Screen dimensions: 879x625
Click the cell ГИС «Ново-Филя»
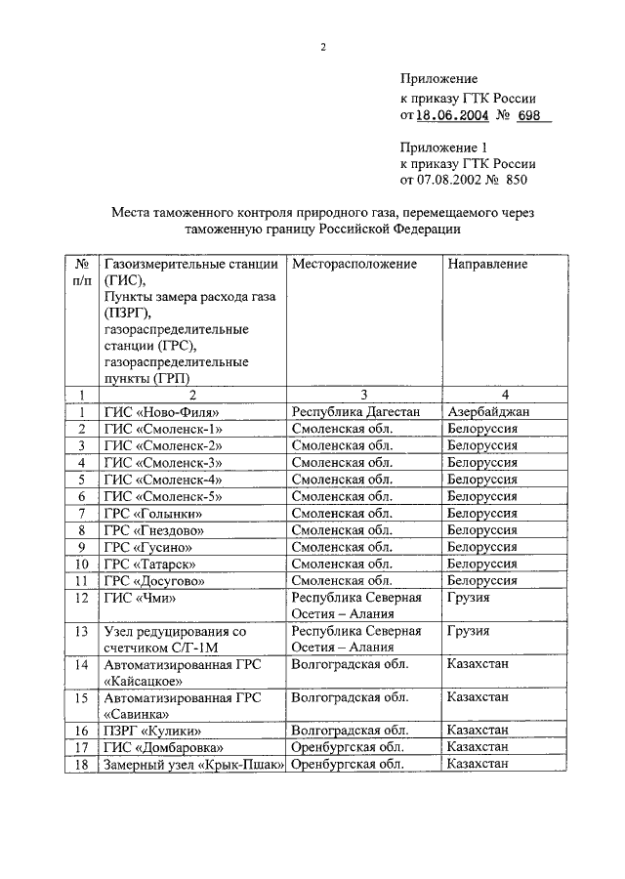[161, 412]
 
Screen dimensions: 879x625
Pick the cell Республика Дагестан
[354, 412]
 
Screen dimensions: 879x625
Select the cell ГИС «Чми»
[139, 598]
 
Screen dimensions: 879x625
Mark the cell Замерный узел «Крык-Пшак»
[192, 765]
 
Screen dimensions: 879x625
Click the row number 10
[82, 564]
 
